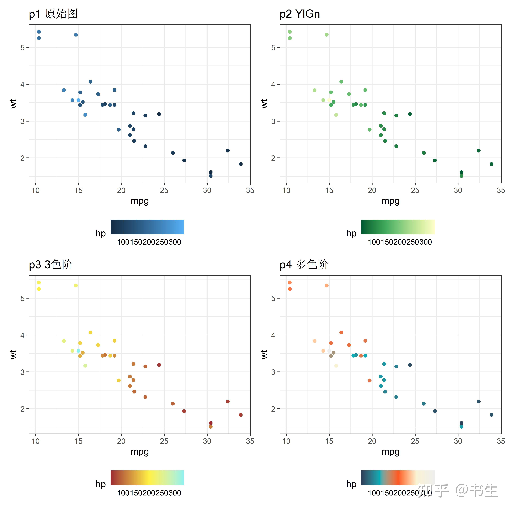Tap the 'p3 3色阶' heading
point(51,264)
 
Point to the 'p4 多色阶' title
point(304,264)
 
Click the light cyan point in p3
point(78,351)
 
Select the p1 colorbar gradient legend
point(147,227)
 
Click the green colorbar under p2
point(398,227)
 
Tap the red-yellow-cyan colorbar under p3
point(147,478)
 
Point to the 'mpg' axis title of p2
point(390,201)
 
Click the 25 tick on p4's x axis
point(415,441)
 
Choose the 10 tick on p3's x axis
point(35,441)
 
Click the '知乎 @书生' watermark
point(458,491)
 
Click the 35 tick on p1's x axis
point(250,190)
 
